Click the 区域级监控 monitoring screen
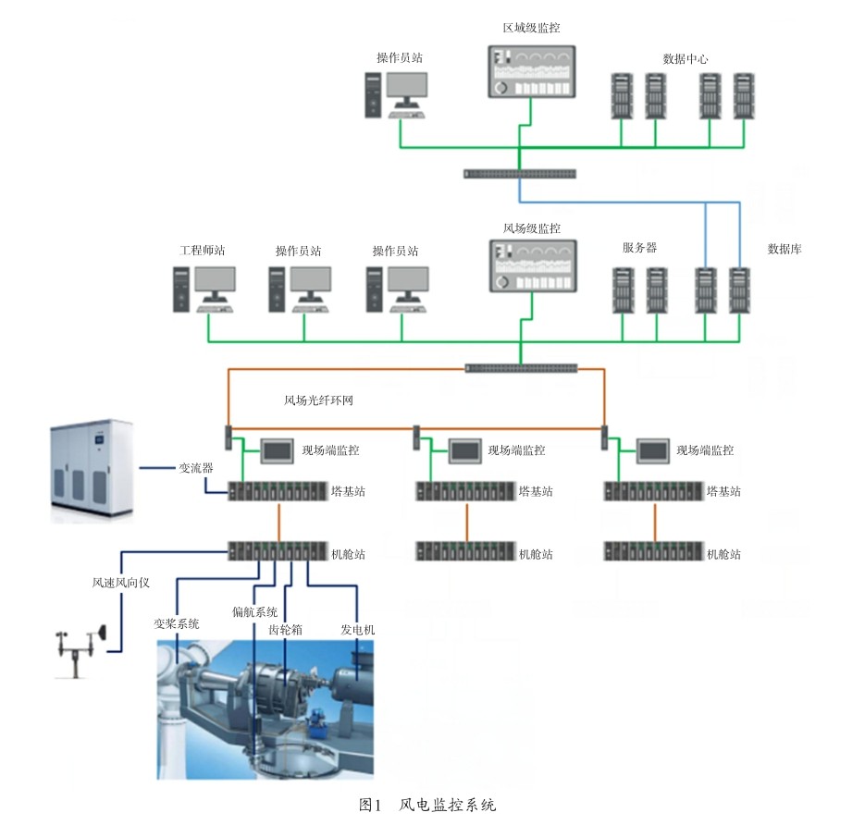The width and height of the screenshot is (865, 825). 532,72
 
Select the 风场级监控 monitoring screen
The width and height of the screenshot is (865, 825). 533,265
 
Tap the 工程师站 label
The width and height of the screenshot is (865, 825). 203,251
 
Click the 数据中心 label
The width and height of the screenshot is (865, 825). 686,58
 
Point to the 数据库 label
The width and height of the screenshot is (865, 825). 785,249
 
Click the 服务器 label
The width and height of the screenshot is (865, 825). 640,248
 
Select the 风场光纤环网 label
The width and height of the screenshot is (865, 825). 318,400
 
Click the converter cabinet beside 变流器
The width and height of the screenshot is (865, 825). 92,470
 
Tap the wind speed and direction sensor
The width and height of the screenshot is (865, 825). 80,651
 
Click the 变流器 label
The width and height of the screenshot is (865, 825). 196,468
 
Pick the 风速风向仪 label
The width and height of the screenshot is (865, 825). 121,583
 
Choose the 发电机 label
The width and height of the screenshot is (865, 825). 357,629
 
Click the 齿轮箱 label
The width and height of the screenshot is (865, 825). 285,629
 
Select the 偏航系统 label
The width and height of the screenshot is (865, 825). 254,611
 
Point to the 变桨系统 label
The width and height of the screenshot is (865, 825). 177,623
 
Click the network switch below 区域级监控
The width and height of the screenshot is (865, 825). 520,174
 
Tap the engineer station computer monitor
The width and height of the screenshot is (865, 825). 216,284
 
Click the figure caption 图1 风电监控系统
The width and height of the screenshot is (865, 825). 427,806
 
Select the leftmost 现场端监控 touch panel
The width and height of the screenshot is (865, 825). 277,451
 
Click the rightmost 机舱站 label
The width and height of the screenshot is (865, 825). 723,554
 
